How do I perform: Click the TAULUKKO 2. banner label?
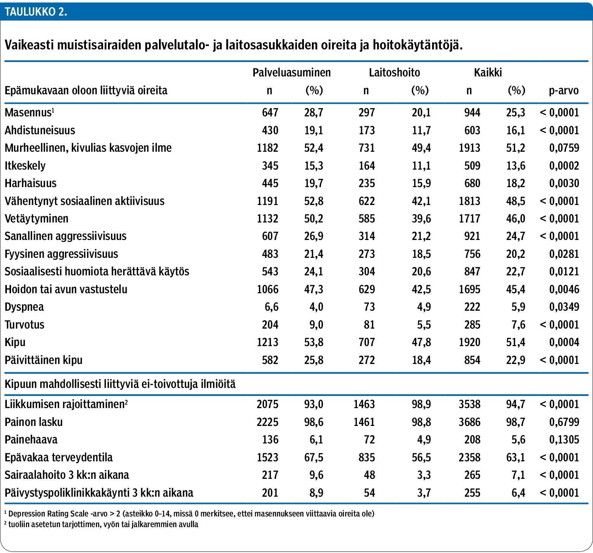36,11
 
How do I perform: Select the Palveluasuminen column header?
291,72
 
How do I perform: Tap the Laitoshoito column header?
394,72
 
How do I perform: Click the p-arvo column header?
564,91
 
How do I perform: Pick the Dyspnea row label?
24,307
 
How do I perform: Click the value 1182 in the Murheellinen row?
267,148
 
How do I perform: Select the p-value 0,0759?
564,148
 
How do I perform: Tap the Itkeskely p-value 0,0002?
564,165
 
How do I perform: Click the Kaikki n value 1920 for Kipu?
469,342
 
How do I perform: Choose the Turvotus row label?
24,324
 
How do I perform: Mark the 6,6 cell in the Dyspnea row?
271,307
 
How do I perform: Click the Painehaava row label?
31,439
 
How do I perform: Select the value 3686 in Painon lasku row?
469,422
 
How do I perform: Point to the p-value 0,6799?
564,422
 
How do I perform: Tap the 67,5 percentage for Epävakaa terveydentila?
313,457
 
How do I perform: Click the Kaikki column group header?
488,72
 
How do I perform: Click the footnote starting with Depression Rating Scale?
189,514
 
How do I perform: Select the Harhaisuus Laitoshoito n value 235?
367,183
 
